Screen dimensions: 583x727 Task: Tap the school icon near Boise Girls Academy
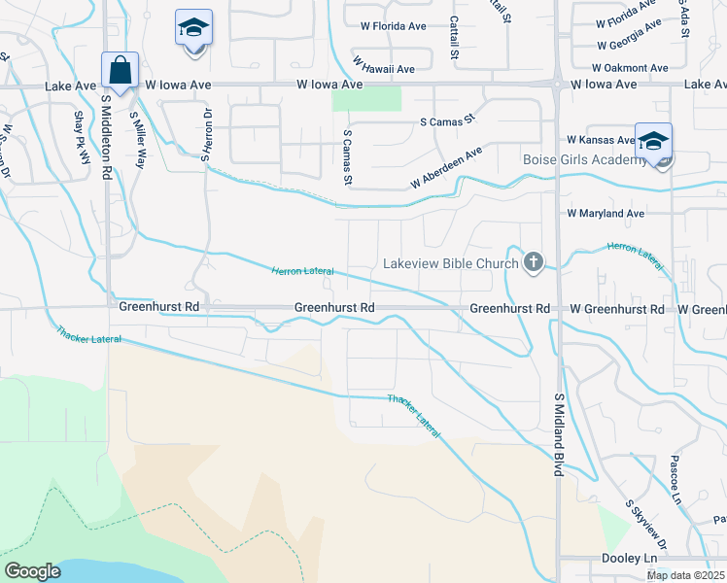pos(653,140)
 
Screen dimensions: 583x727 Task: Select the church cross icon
pos(533,261)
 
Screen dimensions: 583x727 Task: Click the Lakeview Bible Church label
pos(451,262)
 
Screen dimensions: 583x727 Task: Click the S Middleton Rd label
pos(106,127)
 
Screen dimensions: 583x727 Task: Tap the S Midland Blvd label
pos(559,434)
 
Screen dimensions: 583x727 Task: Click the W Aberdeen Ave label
pos(446,168)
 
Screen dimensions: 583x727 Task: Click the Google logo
pos(32,570)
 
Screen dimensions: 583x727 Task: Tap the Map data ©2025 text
pos(685,575)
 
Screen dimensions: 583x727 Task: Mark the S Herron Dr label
pos(206,136)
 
